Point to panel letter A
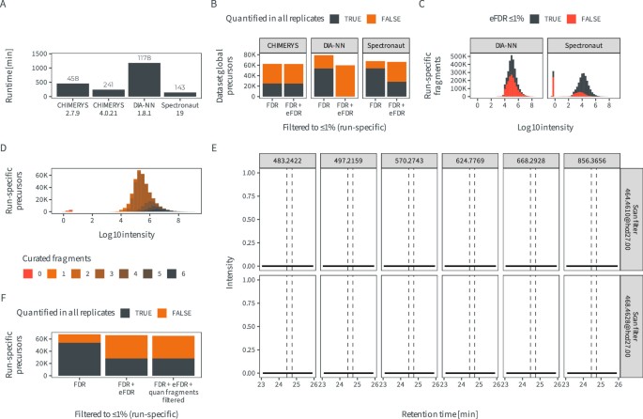click(5, 6)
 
